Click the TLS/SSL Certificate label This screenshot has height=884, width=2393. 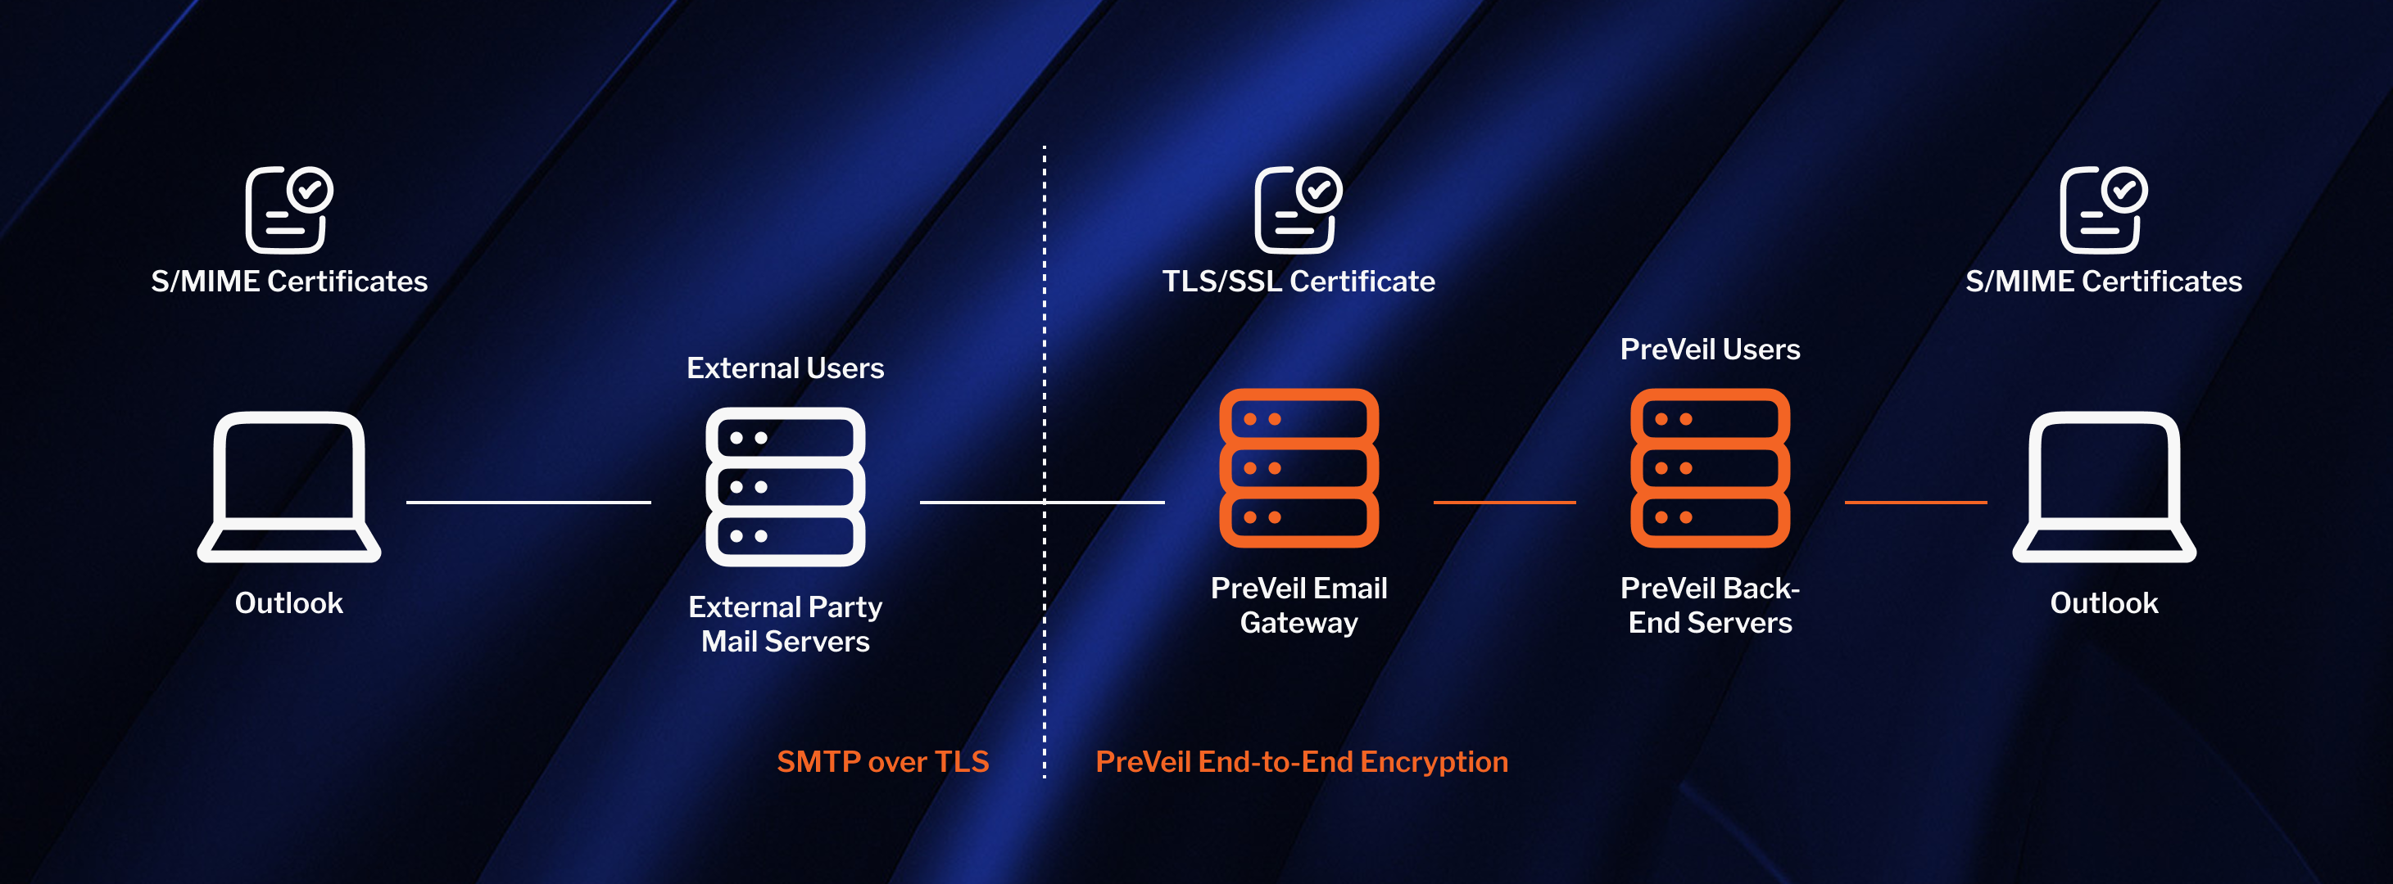click(1298, 282)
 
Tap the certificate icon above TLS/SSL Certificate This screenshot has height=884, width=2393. click(1297, 210)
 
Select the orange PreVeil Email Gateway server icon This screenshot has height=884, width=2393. click(1298, 468)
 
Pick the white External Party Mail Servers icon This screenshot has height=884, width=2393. click(785, 486)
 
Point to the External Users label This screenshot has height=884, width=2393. click(785, 368)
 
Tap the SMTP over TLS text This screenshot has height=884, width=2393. click(882, 761)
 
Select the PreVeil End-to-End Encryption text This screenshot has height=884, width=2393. click(1302, 761)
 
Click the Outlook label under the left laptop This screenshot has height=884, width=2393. click(289, 602)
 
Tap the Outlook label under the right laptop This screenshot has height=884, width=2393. click(2103, 602)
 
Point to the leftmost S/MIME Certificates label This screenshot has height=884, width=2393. click(289, 282)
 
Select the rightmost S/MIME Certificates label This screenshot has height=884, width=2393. click(2103, 282)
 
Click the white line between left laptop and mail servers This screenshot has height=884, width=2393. click(528, 503)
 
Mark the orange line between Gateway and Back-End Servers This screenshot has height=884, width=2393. click(1504, 503)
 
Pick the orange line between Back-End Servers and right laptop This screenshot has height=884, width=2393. click(1915, 503)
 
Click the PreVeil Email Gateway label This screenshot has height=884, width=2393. click(1298, 605)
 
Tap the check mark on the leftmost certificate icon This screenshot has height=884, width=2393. click(310, 191)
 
